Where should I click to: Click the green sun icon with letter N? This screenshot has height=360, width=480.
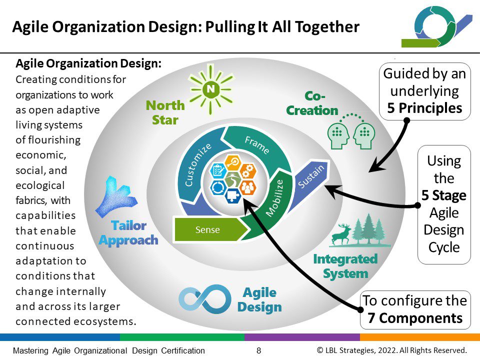[210, 89]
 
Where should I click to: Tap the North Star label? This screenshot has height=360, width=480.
[165, 112]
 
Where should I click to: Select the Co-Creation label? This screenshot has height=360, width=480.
[312, 103]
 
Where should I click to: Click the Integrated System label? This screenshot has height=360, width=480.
[345, 266]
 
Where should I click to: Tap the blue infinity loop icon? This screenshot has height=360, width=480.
[205, 298]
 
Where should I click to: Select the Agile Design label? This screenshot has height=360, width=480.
[259, 299]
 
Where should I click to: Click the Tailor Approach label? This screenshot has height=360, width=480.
[128, 232]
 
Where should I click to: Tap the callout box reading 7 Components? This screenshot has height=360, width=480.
[415, 310]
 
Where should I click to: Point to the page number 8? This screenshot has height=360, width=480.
[258, 350]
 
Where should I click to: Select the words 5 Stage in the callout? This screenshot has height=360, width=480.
[444, 195]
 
